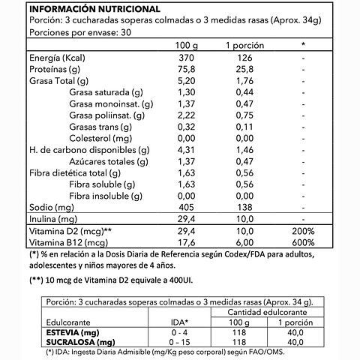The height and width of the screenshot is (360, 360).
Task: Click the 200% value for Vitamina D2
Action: point(303,232)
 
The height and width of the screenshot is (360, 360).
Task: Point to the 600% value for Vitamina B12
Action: point(303,243)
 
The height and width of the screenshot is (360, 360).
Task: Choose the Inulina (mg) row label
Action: point(53,220)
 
